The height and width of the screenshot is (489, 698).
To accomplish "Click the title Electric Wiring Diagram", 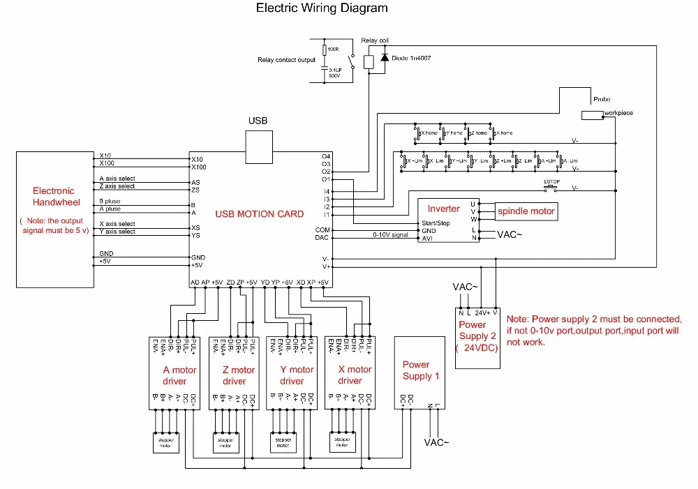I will (x=322, y=8).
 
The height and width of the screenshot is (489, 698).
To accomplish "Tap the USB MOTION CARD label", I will (x=260, y=213).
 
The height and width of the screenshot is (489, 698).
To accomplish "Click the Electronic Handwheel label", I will (x=54, y=196).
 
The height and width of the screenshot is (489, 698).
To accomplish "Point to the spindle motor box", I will (x=526, y=211).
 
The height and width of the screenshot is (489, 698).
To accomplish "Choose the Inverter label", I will (x=444, y=209).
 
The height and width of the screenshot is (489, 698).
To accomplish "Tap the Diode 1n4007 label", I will (x=411, y=58).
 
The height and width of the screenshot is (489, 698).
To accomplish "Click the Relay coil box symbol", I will (x=369, y=61).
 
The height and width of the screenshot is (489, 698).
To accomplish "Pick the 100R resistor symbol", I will (x=325, y=50).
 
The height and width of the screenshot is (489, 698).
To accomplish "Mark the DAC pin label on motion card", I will (x=322, y=237).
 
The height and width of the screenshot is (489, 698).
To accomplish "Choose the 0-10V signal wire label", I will (x=389, y=235).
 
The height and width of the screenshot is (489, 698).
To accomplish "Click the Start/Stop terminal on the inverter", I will (x=436, y=223).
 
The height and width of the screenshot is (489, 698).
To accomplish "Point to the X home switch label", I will (x=429, y=133).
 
